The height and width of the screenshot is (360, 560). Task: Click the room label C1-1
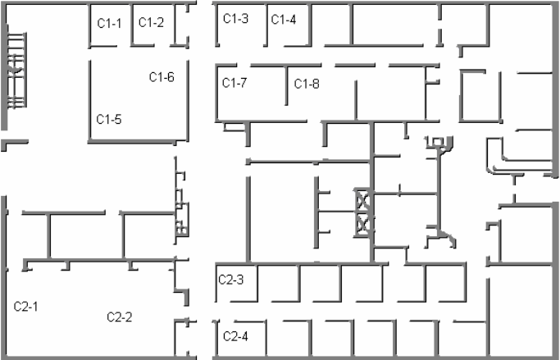pos(109,23)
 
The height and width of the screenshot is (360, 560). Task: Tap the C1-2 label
pos(151,23)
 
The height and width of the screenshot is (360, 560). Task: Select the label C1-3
pos(236,18)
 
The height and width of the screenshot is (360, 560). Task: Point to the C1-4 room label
pos(284,19)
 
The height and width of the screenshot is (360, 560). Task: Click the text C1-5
pos(109,119)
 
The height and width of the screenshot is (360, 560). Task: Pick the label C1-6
pos(162,77)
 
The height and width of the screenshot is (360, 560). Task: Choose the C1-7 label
pos(235,82)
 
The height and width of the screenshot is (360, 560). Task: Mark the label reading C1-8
pos(307,83)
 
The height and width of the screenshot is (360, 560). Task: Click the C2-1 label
pos(26,306)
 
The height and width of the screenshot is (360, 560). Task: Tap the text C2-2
pos(120,317)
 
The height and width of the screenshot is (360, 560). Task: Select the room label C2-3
pos(230,279)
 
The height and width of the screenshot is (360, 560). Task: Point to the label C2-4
pos(235,335)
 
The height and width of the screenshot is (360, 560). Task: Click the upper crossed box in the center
pos(362,199)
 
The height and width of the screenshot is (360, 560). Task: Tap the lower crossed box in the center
pos(362,221)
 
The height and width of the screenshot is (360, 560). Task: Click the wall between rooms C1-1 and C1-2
pos(131,25)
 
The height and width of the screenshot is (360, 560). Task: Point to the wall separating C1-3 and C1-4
pos(266,25)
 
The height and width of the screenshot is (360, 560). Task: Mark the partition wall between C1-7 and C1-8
pos(285,84)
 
